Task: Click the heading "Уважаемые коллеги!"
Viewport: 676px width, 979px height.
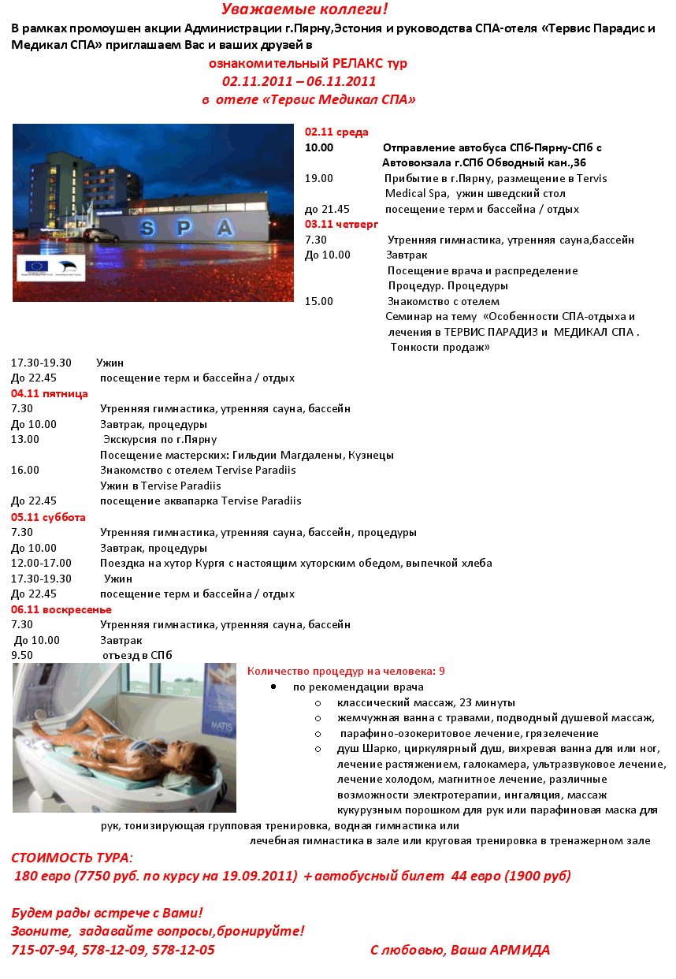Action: pos(305,9)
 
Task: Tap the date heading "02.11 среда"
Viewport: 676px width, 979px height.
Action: pos(336,132)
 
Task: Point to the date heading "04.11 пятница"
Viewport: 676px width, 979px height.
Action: pos(49,393)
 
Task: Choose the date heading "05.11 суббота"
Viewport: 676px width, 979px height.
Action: pos(48,517)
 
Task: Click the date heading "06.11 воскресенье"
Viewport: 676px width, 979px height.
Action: pos(61,609)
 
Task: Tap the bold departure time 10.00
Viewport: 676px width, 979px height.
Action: pos(319,147)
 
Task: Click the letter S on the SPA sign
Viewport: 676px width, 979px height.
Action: pos(147,229)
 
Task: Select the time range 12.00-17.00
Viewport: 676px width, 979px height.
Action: pos(41,563)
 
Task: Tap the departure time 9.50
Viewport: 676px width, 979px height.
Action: pos(22,655)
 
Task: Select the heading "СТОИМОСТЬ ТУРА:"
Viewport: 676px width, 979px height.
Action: pos(72,857)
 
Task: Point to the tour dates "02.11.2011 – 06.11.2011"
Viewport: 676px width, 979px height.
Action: pos(299,81)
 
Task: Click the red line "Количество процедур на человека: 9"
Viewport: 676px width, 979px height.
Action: pos(346,671)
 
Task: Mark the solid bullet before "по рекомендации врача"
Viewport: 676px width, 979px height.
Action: pos(273,687)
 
